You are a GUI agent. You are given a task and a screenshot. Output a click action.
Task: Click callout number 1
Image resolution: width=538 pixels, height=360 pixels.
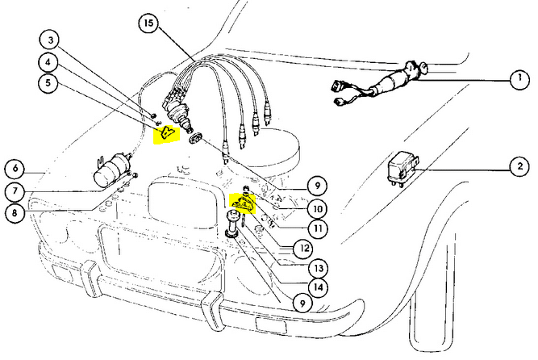pyautogui.click(x=514, y=82)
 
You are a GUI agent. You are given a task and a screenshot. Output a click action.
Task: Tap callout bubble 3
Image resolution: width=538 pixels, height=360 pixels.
pyautogui.click(x=50, y=40)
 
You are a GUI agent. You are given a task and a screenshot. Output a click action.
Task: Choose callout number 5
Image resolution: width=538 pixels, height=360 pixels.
pyautogui.click(x=50, y=82)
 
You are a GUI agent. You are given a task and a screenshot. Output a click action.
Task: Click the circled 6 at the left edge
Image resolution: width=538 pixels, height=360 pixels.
pyautogui.click(x=15, y=169)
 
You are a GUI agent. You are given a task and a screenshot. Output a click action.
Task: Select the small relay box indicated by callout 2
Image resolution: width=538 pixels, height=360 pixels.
pyautogui.click(x=406, y=168)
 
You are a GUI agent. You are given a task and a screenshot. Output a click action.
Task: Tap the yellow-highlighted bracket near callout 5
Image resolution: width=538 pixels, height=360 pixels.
pyautogui.click(x=167, y=134)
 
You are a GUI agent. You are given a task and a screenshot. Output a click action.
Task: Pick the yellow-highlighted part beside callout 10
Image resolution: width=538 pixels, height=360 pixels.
pyautogui.click(x=243, y=207)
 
